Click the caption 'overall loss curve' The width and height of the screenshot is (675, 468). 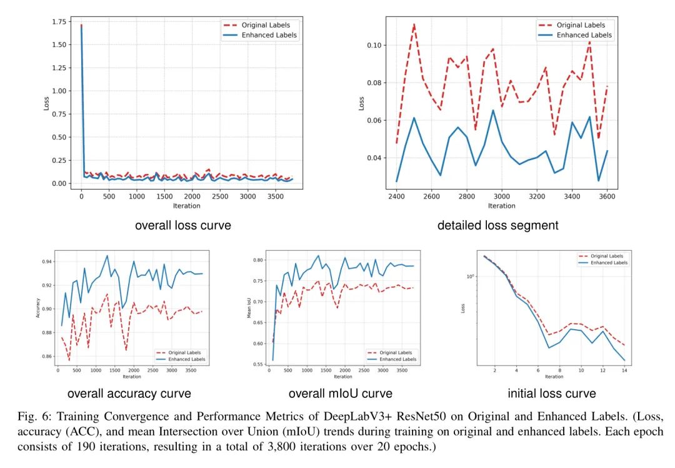point(182,225)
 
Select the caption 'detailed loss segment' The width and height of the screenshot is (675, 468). point(498,225)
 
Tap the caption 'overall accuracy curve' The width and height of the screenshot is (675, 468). point(129,394)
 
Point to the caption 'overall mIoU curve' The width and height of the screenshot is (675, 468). point(341,394)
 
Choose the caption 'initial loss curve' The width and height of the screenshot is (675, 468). point(552,394)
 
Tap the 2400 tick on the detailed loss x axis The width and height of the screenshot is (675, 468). point(396,196)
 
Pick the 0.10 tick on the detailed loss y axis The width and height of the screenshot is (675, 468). point(377,45)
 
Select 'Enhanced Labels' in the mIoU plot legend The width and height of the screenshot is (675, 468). point(397,359)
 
